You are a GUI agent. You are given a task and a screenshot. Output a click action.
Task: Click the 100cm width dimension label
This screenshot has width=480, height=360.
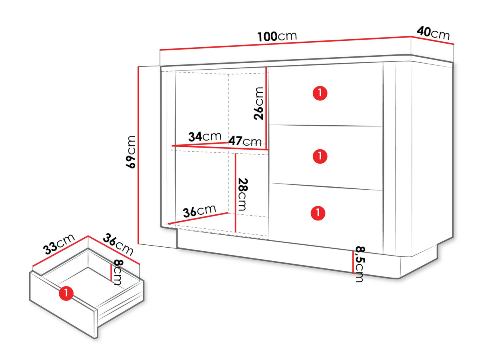click(x=277, y=36)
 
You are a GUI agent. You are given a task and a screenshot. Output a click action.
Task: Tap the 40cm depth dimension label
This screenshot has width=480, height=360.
click(x=433, y=33)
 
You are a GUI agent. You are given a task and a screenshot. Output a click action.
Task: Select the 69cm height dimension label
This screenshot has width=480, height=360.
click(x=131, y=152)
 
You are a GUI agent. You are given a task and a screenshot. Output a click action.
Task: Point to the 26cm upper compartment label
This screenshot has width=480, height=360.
click(x=258, y=103)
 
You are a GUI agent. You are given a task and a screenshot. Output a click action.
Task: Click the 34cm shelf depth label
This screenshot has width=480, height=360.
click(x=205, y=137)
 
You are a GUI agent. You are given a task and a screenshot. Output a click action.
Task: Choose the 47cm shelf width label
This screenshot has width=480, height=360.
click(x=245, y=141)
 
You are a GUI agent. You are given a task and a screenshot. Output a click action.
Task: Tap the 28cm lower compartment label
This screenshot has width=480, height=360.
click(x=243, y=194)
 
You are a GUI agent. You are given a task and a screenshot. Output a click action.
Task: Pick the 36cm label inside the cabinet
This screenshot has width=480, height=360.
click(x=200, y=211)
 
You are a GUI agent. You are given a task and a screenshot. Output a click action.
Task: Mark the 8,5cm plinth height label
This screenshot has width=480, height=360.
click(x=360, y=264)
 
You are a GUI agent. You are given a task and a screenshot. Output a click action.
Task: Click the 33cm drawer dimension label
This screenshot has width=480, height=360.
click(x=59, y=244)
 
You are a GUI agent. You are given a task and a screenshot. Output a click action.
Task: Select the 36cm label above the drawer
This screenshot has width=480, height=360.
click(x=118, y=244)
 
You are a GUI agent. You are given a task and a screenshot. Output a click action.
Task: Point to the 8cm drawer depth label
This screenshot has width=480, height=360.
click(x=118, y=272)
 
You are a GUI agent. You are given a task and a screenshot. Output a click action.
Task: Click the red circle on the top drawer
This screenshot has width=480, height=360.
click(x=320, y=93)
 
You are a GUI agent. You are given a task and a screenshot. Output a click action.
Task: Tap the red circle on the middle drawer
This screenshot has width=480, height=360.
click(x=320, y=156)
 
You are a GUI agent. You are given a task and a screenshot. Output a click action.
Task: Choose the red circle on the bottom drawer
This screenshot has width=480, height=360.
click(x=318, y=213)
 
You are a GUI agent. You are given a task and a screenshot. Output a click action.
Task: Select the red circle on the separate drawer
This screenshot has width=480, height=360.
click(x=66, y=293)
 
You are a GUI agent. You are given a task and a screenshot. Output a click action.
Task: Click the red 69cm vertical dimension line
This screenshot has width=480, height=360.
click(x=138, y=155)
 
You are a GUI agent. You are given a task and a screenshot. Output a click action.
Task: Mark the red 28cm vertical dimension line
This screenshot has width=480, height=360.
click(x=235, y=193)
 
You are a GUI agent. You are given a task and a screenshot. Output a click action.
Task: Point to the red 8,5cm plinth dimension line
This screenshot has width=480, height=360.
click(x=353, y=262)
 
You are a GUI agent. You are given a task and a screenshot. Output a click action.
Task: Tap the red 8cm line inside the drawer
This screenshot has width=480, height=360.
click(x=111, y=272)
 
